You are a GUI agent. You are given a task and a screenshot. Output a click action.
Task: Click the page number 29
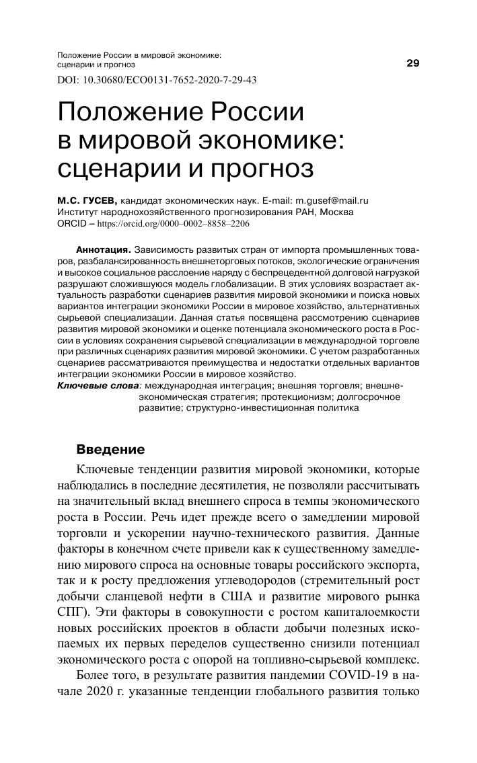[x=413, y=64]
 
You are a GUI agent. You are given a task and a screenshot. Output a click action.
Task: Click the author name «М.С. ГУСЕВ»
[x=85, y=200]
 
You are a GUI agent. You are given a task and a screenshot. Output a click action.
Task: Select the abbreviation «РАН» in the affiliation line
[x=290, y=212]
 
